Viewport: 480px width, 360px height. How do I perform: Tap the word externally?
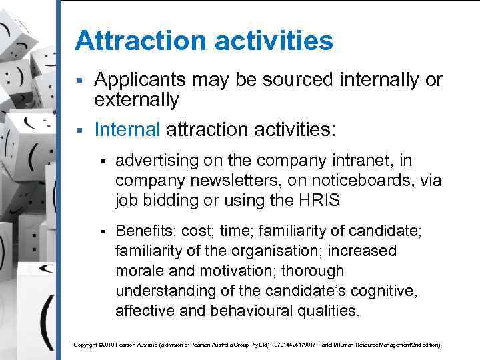click(137, 101)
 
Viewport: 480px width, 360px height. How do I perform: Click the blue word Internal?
click(127, 128)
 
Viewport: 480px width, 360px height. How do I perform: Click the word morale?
click(139, 271)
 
